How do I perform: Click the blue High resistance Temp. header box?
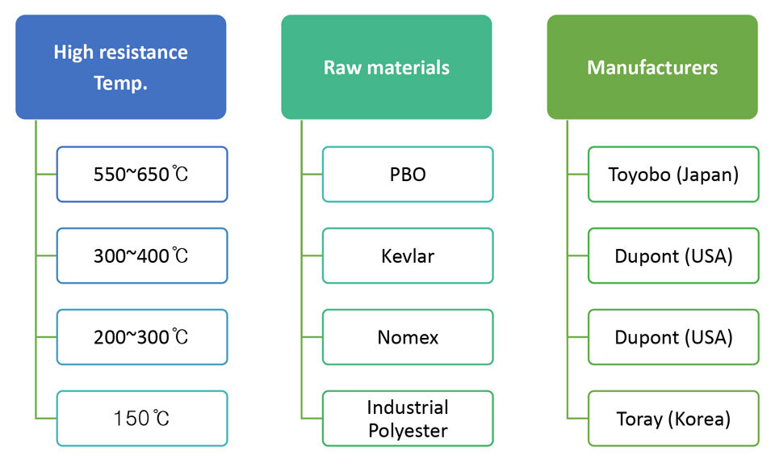[120, 67]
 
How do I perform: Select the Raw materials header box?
[387, 67]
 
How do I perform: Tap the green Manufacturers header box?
[652, 67]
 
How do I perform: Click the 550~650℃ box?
[142, 174]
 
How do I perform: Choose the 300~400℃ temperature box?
[142, 255]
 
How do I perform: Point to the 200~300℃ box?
[142, 337]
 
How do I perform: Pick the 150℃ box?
[142, 419]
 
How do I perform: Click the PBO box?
[408, 174]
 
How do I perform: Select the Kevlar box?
[408, 255]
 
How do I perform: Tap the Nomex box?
[408, 337]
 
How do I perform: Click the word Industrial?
[408, 407]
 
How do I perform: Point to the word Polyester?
[408, 431]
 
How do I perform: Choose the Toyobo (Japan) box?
[673, 174]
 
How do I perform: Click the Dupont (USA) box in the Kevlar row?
[673, 255]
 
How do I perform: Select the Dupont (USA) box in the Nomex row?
[673, 337]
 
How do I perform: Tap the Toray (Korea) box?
[673, 419]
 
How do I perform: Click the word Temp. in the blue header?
[120, 83]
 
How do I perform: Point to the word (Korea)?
[699, 419]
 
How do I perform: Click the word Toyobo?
[639, 175]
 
